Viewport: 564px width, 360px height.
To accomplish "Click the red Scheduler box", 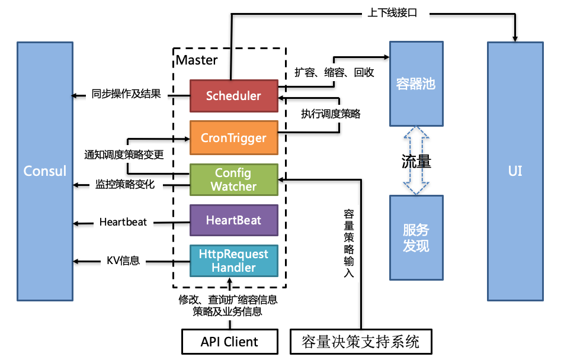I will pyautogui.click(x=233, y=96).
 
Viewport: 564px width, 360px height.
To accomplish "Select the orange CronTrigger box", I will pyautogui.click(x=233, y=138).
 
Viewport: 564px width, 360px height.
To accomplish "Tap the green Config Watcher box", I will pyautogui.click(x=233, y=180).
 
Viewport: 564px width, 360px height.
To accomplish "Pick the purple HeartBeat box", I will pyautogui.click(x=233, y=221).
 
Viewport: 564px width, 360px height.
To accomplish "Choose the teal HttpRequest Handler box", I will pyautogui.click(x=233, y=261).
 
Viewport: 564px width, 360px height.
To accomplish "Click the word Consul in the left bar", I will pyautogui.click(x=45, y=171).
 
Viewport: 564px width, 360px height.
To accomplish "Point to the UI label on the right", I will pyautogui.click(x=515, y=171).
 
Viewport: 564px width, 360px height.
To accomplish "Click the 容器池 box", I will pyautogui.click(x=415, y=84).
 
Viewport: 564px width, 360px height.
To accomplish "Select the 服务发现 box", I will pyautogui.click(x=415, y=237).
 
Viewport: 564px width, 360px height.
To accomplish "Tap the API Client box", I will pyautogui.click(x=229, y=342).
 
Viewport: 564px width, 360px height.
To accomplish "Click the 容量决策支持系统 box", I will pyautogui.click(x=360, y=342).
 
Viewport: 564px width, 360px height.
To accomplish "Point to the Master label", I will pyautogui.click(x=197, y=60).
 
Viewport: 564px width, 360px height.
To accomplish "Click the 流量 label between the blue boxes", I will pyautogui.click(x=416, y=161).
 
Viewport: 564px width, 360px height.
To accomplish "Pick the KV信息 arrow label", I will pyautogui.click(x=123, y=260).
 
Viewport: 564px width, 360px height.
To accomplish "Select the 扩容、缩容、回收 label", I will pyautogui.click(x=334, y=72).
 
